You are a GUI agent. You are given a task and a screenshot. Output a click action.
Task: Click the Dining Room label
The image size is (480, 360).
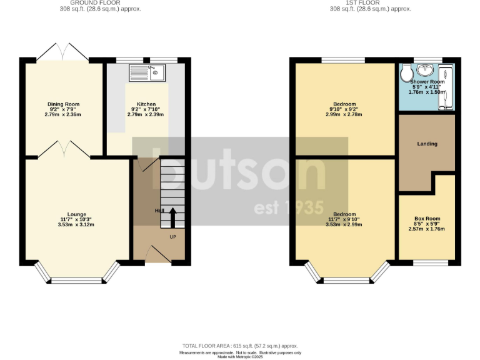point(64,104)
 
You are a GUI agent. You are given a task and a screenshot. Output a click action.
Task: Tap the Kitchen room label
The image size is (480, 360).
point(146,104)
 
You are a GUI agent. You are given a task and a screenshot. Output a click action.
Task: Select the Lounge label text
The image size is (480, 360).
point(77,214)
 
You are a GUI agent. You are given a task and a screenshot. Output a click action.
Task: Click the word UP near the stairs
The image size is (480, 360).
point(172,236)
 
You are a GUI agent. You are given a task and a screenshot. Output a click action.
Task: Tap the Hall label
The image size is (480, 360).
point(159,211)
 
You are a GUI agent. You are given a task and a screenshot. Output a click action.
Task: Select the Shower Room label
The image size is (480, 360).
point(427,82)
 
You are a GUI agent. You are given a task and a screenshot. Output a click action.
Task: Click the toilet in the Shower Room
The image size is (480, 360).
point(407,74)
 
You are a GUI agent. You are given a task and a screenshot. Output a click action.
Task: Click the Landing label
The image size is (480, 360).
point(427,144)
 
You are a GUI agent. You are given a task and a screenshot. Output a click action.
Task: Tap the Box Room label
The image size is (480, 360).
point(427,219)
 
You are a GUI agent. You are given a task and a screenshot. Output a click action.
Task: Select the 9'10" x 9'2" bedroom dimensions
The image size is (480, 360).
point(344,109)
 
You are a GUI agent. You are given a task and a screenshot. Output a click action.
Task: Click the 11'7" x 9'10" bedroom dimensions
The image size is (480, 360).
point(344,219)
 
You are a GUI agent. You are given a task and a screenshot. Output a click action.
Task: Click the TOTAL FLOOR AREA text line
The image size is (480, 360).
point(240,346)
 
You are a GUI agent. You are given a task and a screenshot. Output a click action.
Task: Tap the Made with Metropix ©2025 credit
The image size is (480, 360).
point(240,357)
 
